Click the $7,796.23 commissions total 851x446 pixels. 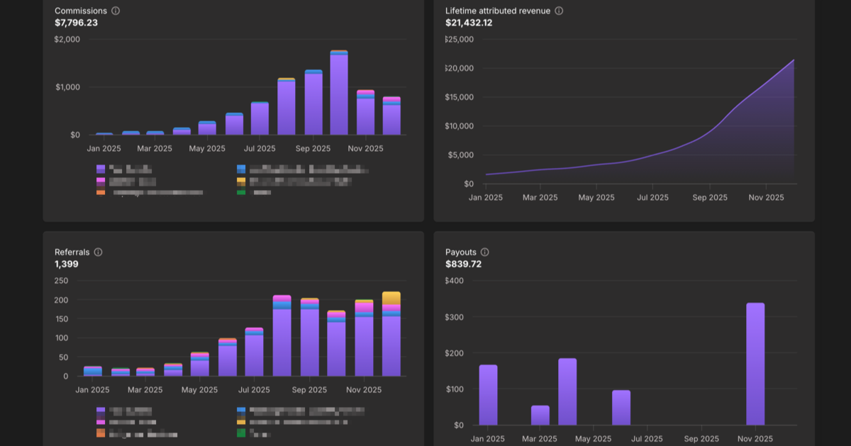76,23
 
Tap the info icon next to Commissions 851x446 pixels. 116,11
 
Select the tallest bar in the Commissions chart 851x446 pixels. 339,92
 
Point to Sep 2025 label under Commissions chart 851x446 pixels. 313,149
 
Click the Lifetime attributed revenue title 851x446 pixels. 498,11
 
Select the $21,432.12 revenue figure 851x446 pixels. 469,23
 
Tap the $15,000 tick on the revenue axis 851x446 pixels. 459,97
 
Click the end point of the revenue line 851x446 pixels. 794,60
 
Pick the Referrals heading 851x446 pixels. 72,252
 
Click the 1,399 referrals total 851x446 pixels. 67,264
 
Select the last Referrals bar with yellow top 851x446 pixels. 391,333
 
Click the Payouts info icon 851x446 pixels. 484,252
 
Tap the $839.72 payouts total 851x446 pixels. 463,264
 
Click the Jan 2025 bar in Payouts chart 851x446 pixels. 488,395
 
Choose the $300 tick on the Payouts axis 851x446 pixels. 454,317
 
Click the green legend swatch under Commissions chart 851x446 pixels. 241,192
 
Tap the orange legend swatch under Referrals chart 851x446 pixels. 101,433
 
